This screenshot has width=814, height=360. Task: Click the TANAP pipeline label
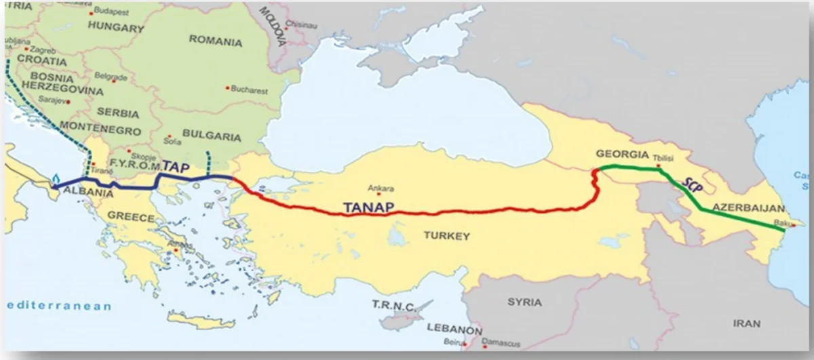(x=367, y=208)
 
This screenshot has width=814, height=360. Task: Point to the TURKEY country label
(x=446, y=236)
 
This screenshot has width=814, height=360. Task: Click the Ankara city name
(x=381, y=189)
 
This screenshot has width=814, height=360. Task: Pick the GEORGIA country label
(x=622, y=154)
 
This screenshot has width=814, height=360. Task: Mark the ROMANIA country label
(x=215, y=41)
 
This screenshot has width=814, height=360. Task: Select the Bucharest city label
(x=249, y=89)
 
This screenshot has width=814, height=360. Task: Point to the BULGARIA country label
(x=212, y=136)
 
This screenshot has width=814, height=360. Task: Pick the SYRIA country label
(x=524, y=302)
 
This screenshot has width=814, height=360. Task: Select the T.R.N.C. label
(x=393, y=306)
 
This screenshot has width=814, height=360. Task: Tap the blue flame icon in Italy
(x=55, y=179)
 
